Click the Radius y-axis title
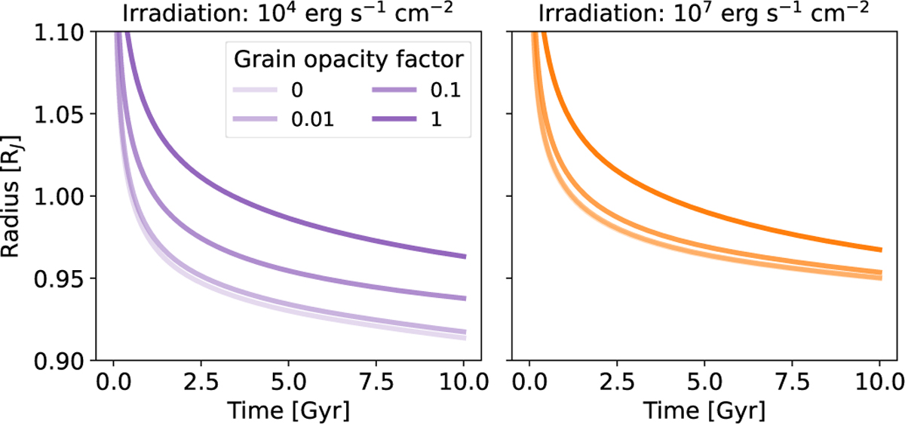(16, 197)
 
